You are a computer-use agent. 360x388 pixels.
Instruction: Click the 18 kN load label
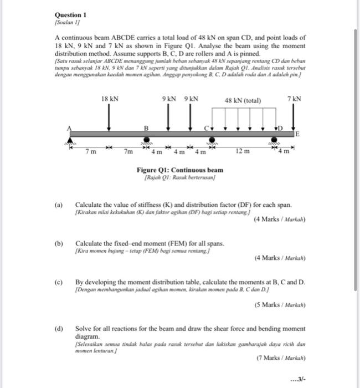110,99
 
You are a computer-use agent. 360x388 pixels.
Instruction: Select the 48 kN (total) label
243,100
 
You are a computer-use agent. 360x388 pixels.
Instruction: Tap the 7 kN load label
295,99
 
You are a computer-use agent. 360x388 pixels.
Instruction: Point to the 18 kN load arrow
109,118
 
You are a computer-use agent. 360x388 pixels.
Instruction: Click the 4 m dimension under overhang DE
286,151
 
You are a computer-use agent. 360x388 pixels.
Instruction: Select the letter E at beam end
297,134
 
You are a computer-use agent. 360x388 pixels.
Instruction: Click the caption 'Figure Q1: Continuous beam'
180,170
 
